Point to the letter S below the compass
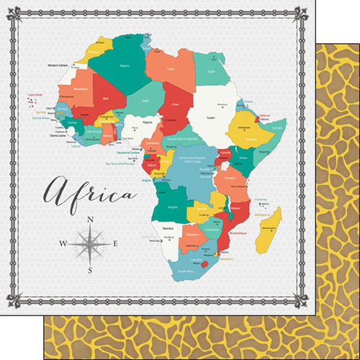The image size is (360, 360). pos(89,270)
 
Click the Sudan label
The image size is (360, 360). pos(210,116)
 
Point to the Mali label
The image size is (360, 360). pos(106,99)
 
